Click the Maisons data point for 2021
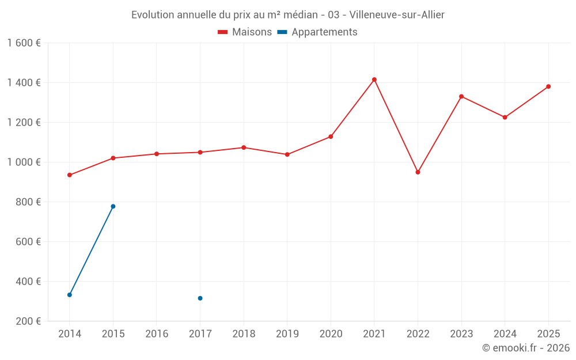coord(374,79)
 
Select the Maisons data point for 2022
coord(418,172)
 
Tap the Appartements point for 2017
coord(200,298)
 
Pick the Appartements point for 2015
coord(113,206)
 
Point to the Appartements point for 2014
coord(70,295)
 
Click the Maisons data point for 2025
coord(548,86)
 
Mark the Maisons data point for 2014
coord(70,175)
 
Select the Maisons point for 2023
coord(461,96)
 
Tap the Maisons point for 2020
coord(331,137)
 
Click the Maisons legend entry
coord(245,32)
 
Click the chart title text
coord(288,15)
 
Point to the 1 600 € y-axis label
coord(24,43)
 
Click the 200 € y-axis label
coord(27,321)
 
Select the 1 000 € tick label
coord(24,162)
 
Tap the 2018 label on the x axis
coord(244,334)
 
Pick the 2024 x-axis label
coord(505,334)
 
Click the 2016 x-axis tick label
coord(157,334)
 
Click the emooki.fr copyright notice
coord(526,348)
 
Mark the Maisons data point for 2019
coord(287,154)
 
